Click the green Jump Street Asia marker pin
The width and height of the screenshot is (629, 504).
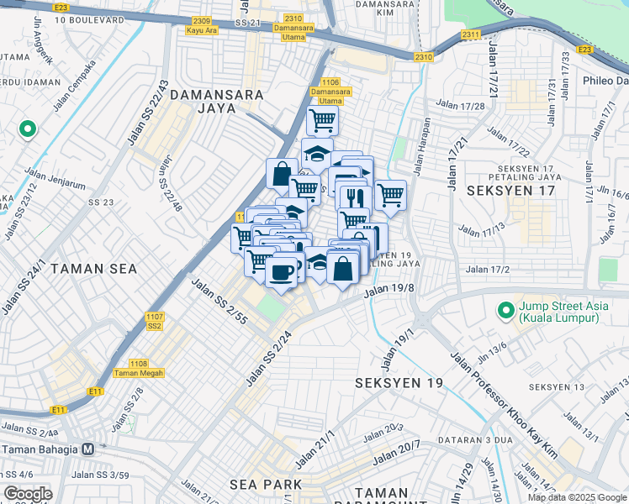[505, 311]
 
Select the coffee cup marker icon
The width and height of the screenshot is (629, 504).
[281, 272]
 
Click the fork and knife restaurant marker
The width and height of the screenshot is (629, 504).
[354, 197]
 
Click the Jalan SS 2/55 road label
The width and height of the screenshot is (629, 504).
[219, 302]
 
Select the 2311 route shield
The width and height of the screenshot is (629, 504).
[470, 35]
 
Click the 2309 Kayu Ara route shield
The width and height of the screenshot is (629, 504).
[202, 25]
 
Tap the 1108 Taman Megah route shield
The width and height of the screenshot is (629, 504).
[139, 368]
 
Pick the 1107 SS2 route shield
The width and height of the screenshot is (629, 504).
[154, 321]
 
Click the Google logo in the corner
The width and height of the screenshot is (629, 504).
[27, 494]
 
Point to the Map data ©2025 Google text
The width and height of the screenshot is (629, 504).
[577, 497]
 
